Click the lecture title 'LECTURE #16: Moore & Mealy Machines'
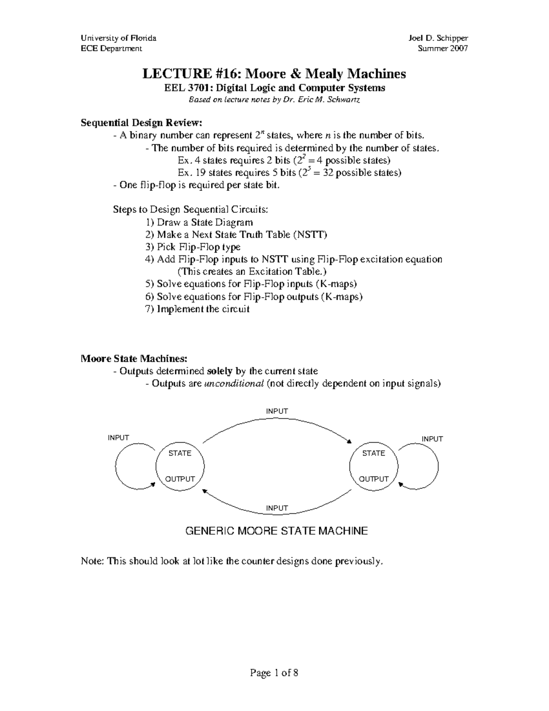pyautogui.click(x=274, y=73)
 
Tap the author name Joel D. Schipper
pyautogui.click(x=438, y=38)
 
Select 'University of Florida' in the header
pyautogui.click(x=118, y=38)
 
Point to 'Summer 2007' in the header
pyautogui.click(x=443, y=49)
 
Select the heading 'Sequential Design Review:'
pyautogui.click(x=141, y=123)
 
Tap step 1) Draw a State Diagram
pyautogui.click(x=199, y=223)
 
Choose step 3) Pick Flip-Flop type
pyautogui.click(x=193, y=247)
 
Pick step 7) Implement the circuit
pyautogui.click(x=198, y=309)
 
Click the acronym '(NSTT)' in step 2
pyautogui.click(x=310, y=235)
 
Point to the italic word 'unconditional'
pyautogui.click(x=234, y=384)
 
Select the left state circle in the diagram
pyautogui.click(x=180, y=467)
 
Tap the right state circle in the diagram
pyautogui.click(x=373, y=467)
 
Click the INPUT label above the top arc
pyautogui.click(x=277, y=411)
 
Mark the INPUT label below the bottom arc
pyautogui.click(x=277, y=508)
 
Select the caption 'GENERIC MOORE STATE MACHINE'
pyautogui.click(x=276, y=531)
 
